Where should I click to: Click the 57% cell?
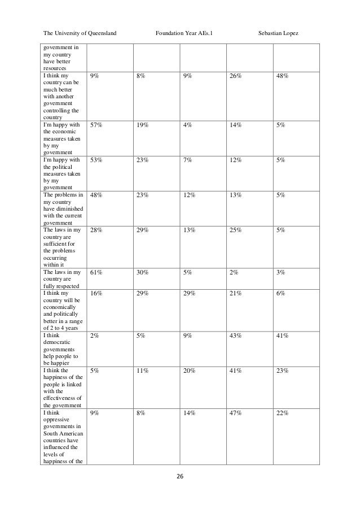(x=96, y=125)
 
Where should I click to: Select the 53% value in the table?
(x=96, y=160)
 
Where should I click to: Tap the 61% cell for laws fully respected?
(x=96, y=273)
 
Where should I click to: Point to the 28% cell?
(x=96, y=230)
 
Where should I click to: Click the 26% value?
(x=236, y=75)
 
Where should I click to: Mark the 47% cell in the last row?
(x=236, y=413)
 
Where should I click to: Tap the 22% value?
(x=283, y=413)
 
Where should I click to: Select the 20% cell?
(x=188, y=371)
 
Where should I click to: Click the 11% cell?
(x=142, y=371)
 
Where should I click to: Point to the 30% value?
(x=142, y=273)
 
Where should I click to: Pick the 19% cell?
(x=142, y=125)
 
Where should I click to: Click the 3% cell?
(x=280, y=273)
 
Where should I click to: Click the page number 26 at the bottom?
(x=180, y=477)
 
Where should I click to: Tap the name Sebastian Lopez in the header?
(x=278, y=34)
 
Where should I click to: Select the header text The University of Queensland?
(x=80, y=34)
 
